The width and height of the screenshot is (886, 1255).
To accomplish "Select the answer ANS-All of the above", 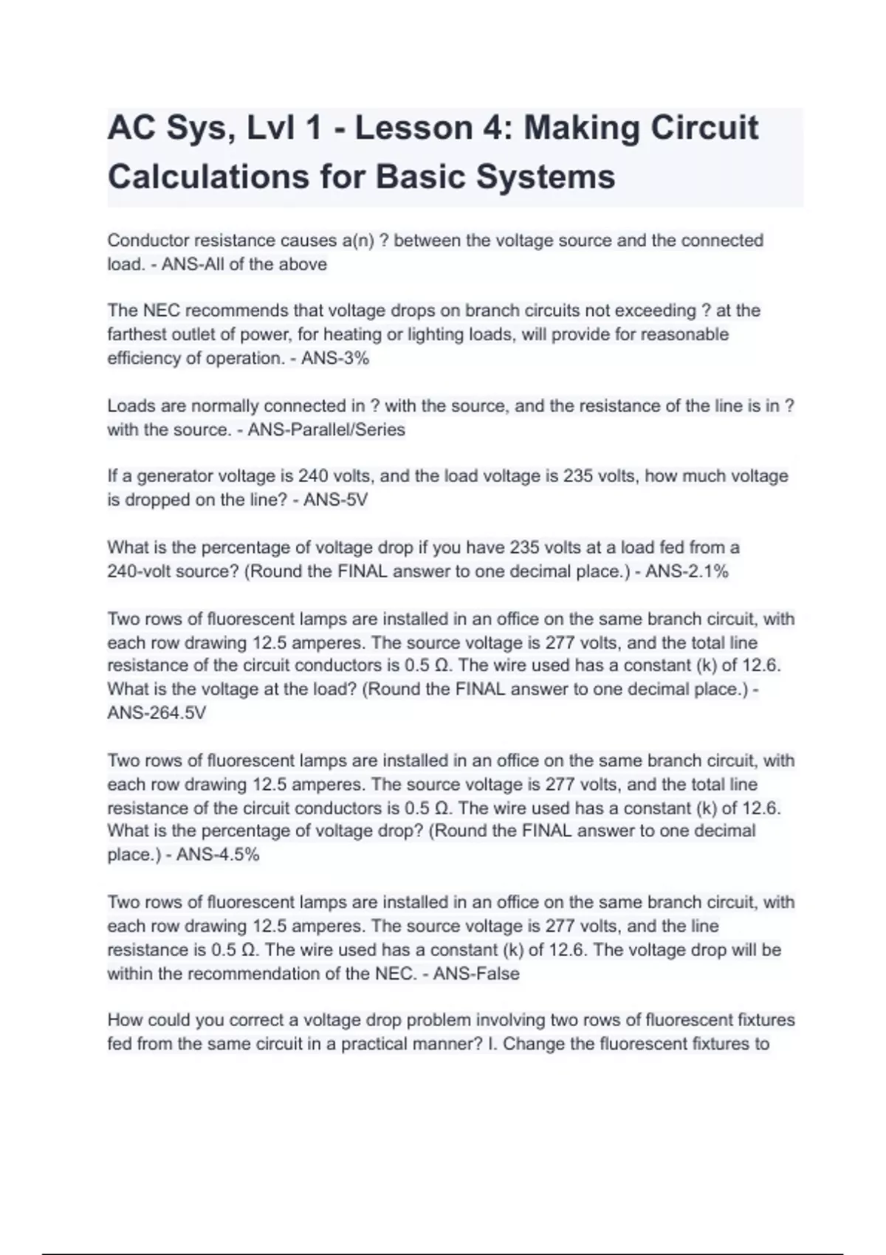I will (244, 264).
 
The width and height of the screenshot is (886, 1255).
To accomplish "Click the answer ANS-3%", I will (335, 358).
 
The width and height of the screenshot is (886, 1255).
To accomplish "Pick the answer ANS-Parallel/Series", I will (326, 430).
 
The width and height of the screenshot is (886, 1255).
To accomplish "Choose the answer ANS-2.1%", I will (687, 571).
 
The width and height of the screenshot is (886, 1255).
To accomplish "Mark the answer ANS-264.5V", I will (157, 713).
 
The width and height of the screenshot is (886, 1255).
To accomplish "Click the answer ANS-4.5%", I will (218, 855).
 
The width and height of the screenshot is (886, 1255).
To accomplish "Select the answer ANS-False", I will (476, 974).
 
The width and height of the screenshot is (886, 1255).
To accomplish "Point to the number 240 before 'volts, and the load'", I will (313, 476).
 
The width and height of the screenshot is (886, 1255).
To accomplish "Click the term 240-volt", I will (139, 571).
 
